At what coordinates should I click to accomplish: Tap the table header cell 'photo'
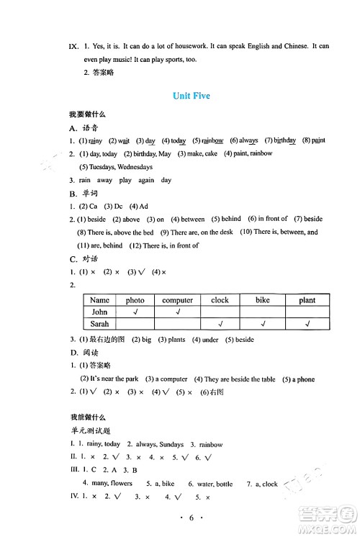(135, 300)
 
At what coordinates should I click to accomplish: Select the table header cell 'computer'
(177, 300)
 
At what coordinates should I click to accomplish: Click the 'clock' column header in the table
(220, 300)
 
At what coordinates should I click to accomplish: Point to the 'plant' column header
(307, 300)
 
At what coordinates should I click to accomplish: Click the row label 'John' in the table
(99, 312)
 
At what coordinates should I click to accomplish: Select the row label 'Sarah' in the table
(99, 325)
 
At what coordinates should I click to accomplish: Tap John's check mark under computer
(177, 312)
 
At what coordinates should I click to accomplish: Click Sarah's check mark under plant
(307, 325)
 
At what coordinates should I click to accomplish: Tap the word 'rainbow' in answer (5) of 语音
(212, 141)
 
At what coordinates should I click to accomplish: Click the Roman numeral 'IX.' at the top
(73, 46)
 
